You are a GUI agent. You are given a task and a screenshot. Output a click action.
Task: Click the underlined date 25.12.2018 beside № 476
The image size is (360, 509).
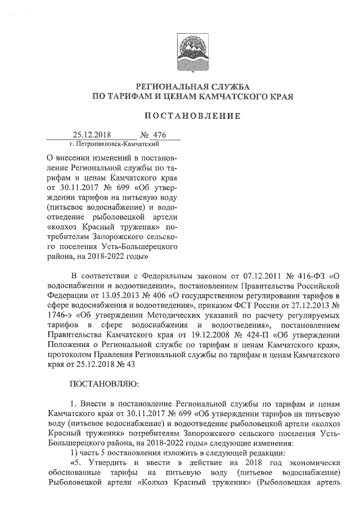pyautogui.click(x=92, y=135)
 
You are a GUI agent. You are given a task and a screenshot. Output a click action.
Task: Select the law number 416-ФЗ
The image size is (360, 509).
pyautogui.click(x=312, y=276)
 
